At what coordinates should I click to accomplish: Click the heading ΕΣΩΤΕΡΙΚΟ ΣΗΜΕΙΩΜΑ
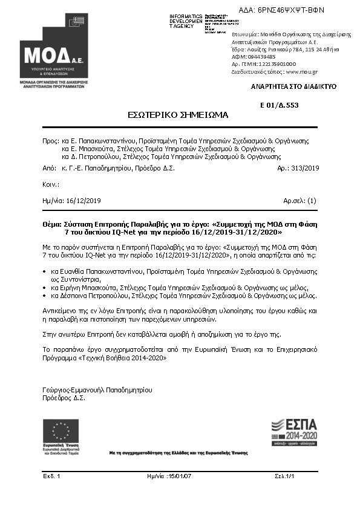pos(168,114)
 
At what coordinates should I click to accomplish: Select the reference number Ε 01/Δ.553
pos(280,105)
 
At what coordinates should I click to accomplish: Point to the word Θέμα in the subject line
pos(53,224)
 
